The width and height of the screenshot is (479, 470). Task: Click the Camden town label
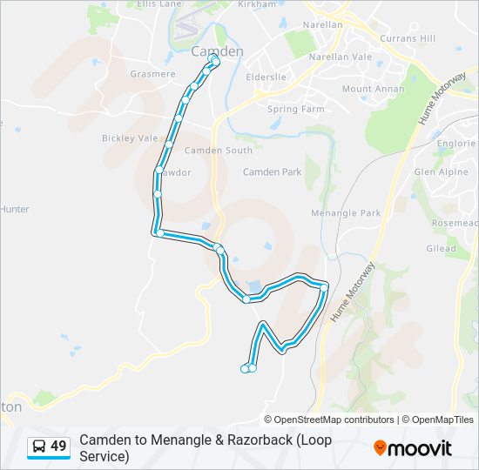point(217,51)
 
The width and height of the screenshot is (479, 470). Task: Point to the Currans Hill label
point(408,39)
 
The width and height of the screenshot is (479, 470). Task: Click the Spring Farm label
point(296,110)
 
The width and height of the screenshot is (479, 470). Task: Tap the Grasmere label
point(152,74)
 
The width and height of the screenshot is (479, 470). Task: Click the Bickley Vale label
point(130,138)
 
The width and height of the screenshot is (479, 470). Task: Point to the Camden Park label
point(272,172)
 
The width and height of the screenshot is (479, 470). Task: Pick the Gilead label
point(441,249)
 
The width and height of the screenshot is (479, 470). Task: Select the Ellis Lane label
point(159,4)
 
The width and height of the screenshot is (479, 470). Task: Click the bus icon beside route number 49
point(39,446)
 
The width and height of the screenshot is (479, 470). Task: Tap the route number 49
point(58,446)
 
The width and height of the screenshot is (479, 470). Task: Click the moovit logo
point(413,448)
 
